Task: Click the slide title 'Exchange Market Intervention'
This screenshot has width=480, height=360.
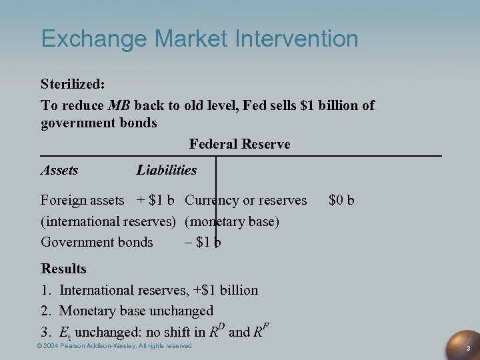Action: pyautogui.click(x=199, y=39)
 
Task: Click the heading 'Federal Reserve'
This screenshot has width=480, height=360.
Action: pyautogui.click(x=239, y=144)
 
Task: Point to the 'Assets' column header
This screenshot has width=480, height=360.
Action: pyautogui.click(x=59, y=170)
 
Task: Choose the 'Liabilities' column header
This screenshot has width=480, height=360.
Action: pyautogui.click(x=167, y=170)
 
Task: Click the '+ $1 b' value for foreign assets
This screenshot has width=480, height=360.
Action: pyautogui.click(x=155, y=200)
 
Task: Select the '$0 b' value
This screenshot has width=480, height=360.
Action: pyautogui.click(x=341, y=200)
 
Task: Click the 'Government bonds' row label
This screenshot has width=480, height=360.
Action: pyautogui.click(x=97, y=242)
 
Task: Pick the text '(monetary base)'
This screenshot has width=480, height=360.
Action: pyautogui.click(x=232, y=221)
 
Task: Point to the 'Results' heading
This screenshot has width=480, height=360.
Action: pyautogui.click(x=63, y=269)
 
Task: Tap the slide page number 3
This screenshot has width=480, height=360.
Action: pyautogui.click(x=469, y=348)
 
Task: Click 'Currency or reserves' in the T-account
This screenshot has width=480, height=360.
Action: pyautogui.click(x=246, y=200)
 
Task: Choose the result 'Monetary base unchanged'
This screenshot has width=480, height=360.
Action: pyautogui.click(x=137, y=311)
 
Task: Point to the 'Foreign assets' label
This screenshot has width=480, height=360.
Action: pyautogui.click(x=82, y=200)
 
